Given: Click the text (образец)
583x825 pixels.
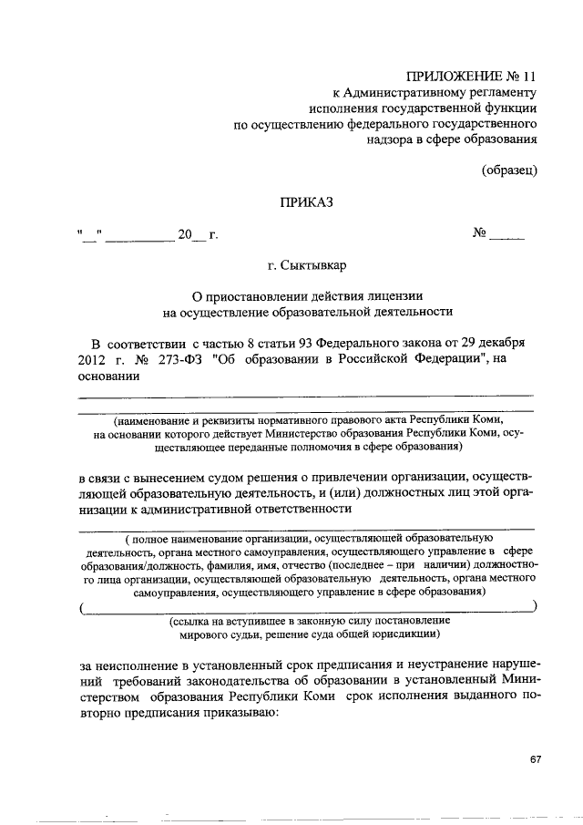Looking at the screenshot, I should pos(511,170).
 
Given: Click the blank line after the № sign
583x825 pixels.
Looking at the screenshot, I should pos(507,238).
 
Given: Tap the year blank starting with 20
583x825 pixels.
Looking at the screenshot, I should pos(192,238).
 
